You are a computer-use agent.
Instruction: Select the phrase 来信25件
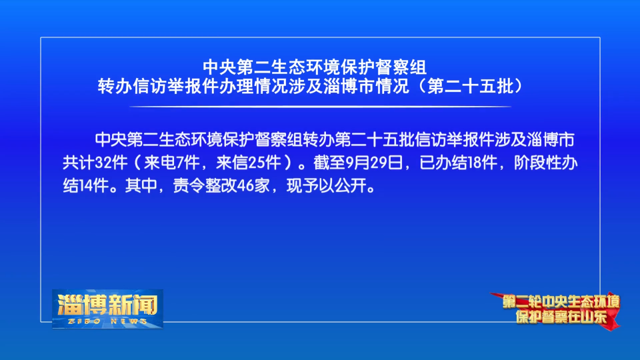point(249,163)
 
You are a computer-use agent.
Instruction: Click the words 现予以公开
point(327,186)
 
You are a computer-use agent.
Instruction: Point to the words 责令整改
point(205,186)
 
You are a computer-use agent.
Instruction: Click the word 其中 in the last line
point(141,186)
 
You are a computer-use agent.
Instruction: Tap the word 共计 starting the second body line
point(79,163)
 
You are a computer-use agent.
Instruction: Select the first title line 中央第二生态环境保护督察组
point(315,67)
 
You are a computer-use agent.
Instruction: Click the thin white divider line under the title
point(321,107)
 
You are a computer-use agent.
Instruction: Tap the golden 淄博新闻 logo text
point(108,305)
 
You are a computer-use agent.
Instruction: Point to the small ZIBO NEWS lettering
point(108,321)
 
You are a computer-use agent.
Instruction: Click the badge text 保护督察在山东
point(561,317)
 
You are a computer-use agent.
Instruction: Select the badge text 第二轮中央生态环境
point(561,302)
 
